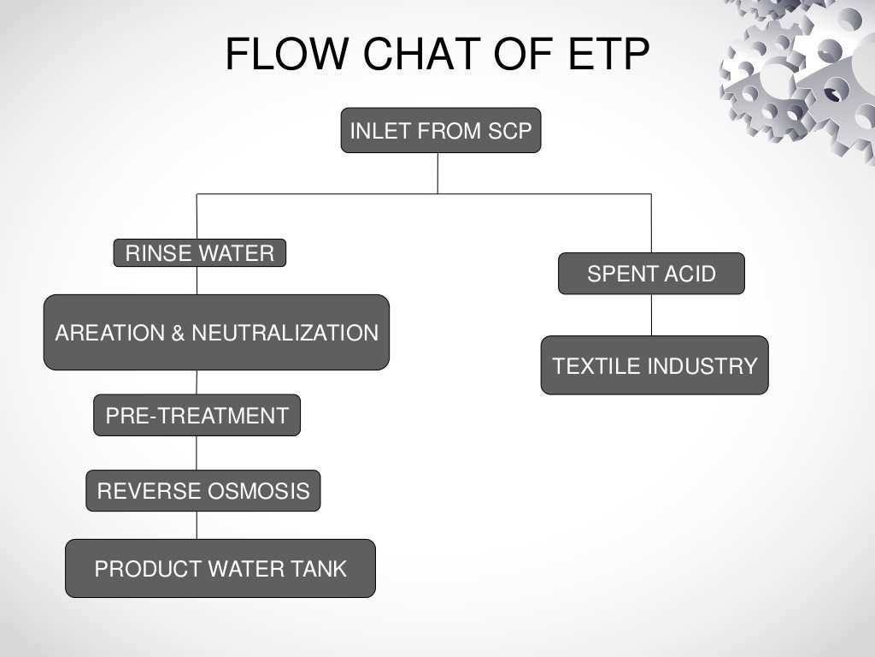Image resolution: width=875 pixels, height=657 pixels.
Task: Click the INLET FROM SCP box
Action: pos(440,131)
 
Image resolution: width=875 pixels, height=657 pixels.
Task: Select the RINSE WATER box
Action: pos(199,253)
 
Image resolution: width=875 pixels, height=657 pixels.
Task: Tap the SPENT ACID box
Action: pos(651,274)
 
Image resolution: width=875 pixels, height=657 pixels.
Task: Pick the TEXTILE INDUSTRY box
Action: pos(655,365)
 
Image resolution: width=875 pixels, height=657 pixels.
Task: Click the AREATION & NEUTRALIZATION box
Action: pos(216,333)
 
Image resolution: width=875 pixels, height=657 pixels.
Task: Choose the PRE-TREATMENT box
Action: pos(197,416)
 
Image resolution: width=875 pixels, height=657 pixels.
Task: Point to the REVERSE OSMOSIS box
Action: pos(203,491)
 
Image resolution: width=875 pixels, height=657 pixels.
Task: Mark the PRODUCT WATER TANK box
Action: pos(220,569)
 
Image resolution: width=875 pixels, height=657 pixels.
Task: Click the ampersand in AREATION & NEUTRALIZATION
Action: pos(178,333)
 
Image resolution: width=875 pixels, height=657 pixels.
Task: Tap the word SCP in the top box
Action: pos(511,132)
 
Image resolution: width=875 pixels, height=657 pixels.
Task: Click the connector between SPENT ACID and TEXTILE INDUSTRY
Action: pos(651,315)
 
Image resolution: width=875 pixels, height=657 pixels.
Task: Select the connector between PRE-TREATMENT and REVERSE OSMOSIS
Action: pos(197,453)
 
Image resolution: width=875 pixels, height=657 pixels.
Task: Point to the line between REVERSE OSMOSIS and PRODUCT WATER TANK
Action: pos(197,525)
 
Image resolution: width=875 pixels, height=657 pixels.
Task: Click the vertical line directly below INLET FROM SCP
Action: pos(437,173)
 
